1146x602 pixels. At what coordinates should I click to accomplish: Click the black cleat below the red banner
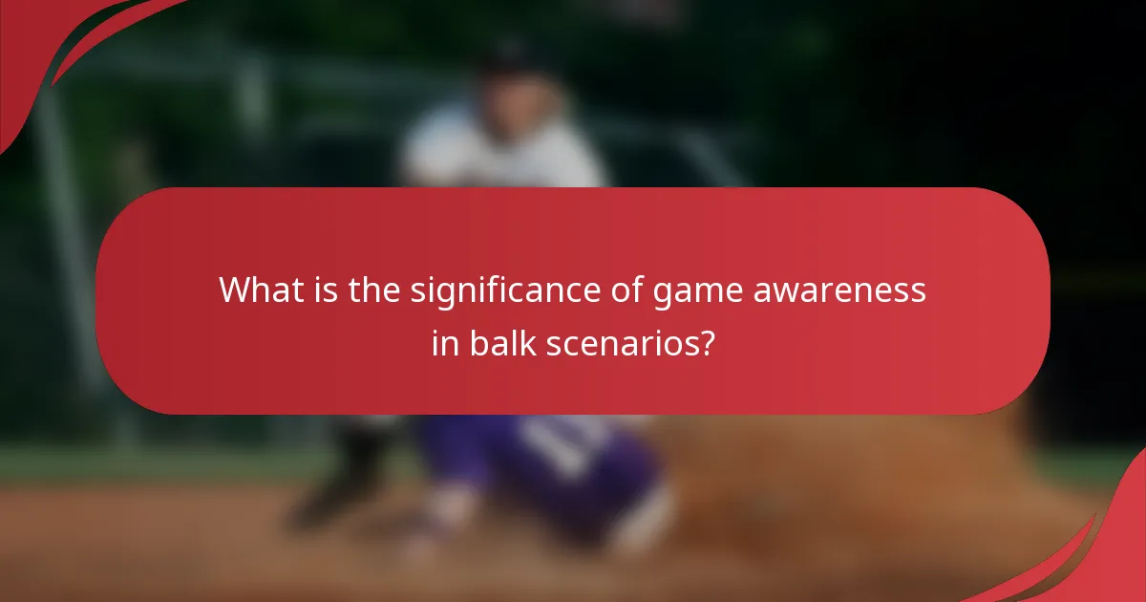point(344,478)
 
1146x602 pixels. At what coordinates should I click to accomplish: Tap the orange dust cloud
point(859,478)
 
